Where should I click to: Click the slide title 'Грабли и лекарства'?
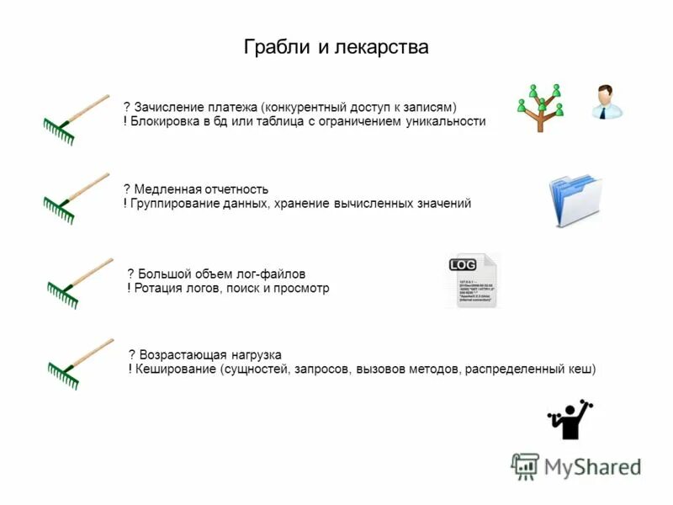pos(336,47)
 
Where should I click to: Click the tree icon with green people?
pos(539,107)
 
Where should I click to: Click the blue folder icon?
pos(576,200)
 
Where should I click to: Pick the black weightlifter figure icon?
pos(571,418)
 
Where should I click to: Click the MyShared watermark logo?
pos(576,466)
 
